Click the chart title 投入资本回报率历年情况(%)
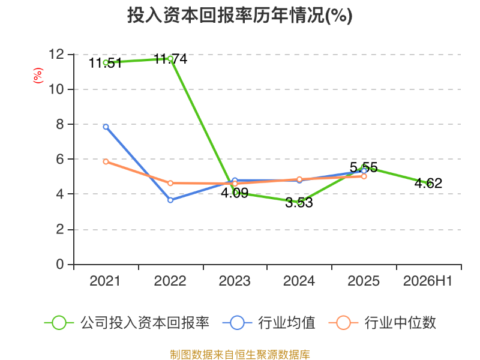pos(239,16)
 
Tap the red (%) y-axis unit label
pos(38,76)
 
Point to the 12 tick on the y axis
pos(56,55)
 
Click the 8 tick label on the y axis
pos(60,124)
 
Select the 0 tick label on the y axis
pos(60,264)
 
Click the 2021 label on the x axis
pos(105,281)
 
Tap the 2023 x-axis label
pos(235,281)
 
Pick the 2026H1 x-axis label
pos(428,281)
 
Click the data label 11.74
pos(170,59)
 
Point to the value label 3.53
pos(299,203)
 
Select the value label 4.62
pos(428,183)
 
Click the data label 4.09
pos(235,193)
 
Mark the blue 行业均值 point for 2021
pos(106,127)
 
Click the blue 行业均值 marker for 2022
pos(170,200)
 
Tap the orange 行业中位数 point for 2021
pos(106,161)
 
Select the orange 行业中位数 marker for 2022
pos(170,183)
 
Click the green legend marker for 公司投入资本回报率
pos(59,323)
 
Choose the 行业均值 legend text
pos(287,323)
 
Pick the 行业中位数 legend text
pos(400,323)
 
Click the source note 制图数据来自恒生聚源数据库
pos(240,355)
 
